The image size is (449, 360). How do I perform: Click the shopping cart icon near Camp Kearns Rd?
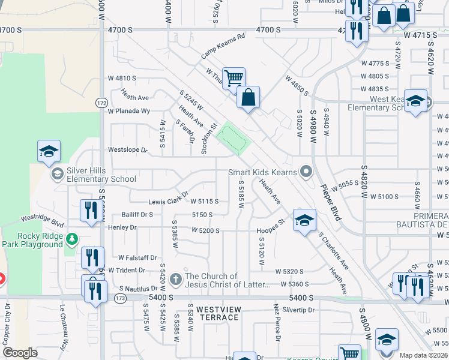[x=234, y=78]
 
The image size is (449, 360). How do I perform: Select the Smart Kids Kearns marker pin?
[x=306, y=173]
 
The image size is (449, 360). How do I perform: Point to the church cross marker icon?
[x=175, y=279]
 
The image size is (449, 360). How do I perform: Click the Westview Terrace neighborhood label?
[x=210, y=313]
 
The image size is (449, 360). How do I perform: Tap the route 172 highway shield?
[x=100, y=103]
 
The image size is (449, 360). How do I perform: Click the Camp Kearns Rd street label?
[x=223, y=46]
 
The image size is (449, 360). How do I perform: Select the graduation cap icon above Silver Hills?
[x=49, y=151]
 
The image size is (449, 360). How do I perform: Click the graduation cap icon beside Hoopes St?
[x=304, y=220]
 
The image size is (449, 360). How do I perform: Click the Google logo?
[x=20, y=353]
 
